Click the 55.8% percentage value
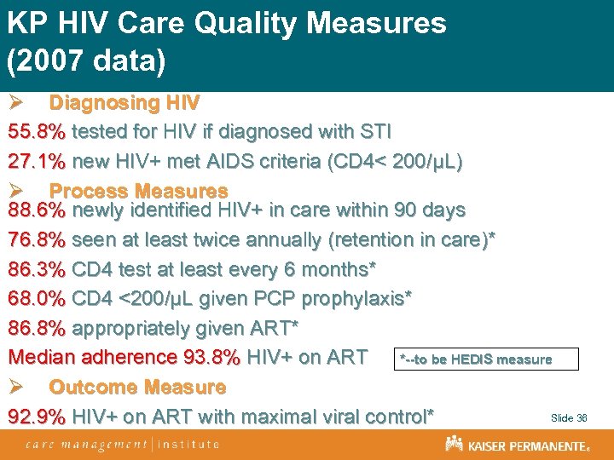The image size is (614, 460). click(x=37, y=132)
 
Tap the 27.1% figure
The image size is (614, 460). click(x=37, y=161)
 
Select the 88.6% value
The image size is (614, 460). click(x=37, y=210)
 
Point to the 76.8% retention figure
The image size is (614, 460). click(x=37, y=239)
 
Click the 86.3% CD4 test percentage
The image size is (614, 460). click(x=37, y=269)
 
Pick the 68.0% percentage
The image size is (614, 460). click(x=37, y=298)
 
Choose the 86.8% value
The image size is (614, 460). click(x=37, y=328)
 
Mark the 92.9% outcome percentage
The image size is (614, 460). click(x=37, y=417)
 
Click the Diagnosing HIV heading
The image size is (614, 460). click(x=125, y=103)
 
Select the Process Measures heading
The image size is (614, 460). click(x=138, y=191)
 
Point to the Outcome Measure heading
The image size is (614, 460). click(x=137, y=387)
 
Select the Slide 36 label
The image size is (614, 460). click(x=569, y=418)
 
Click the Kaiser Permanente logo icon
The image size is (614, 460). click(x=454, y=444)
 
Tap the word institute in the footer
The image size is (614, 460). click(x=188, y=444)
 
